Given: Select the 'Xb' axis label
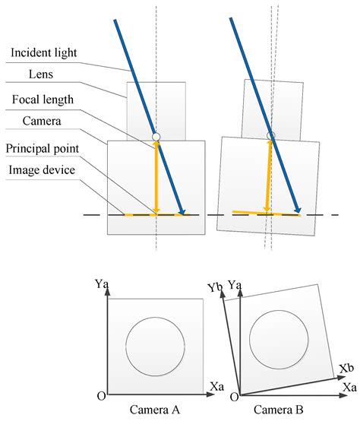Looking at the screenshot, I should click(x=346, y=368).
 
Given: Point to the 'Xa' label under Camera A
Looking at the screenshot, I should click(x=214, y=388).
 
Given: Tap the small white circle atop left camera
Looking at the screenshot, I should click(x=156, y=137).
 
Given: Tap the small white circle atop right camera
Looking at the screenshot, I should click(x=270, y=136).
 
